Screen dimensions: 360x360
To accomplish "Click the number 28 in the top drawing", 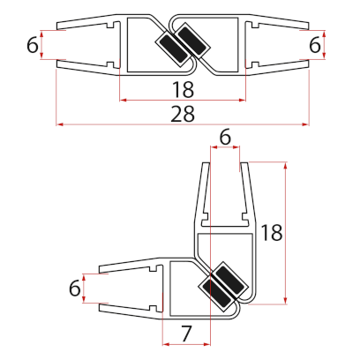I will click(x=182, y=113).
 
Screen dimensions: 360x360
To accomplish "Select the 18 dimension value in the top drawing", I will click(x=182, y=89).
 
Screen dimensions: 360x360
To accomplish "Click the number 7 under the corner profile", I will click(x=187, y=333).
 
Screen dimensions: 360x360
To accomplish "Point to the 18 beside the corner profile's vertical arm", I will click(x=272, y=233).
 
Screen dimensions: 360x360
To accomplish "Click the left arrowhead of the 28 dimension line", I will click(x=59, y=124).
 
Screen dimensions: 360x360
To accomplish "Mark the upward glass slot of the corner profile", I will click(x=224, y=185).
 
